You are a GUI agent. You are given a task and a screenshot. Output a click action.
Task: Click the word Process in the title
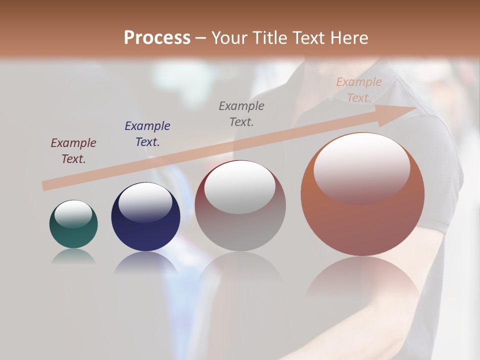pos(157,38)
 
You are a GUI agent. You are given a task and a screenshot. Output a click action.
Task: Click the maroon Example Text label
pos(73,151)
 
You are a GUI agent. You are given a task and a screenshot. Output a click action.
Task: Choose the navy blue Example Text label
pos(147,134)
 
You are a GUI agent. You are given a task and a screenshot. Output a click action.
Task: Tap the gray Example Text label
pos(241,113)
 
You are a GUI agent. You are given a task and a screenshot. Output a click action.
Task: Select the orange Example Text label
pos(358,90)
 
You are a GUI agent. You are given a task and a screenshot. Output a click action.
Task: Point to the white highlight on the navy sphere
pos(145,202)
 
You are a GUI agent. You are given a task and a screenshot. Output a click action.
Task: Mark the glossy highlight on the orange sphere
pos(362,167)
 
